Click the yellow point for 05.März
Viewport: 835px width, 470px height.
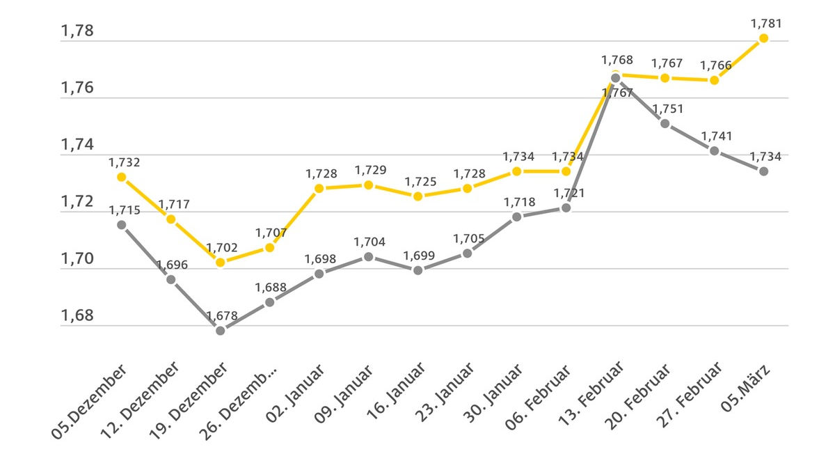pos(763,38)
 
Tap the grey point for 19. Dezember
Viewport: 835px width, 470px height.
pos(221,330)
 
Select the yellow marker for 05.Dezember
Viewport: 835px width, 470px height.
pos(122,177)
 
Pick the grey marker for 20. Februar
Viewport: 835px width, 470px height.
pos(665,123)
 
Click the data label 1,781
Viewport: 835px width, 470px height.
pos(766,24)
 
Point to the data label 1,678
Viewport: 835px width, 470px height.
pos(223,315)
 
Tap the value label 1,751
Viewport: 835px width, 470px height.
pos(667,109)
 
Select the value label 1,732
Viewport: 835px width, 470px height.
pos(125,162)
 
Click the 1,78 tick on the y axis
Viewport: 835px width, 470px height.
pos(77,31)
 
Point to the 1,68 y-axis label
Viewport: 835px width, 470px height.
pos(77,315)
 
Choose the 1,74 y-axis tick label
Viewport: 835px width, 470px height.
pos(77,145)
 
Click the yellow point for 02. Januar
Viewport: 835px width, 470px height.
pos(319,188)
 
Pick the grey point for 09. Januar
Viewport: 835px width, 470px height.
pos(369,257)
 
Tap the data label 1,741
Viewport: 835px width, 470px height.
pos(717,136)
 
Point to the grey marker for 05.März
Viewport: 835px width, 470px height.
pos(763,171)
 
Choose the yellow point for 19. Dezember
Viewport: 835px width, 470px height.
pos(221,262)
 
